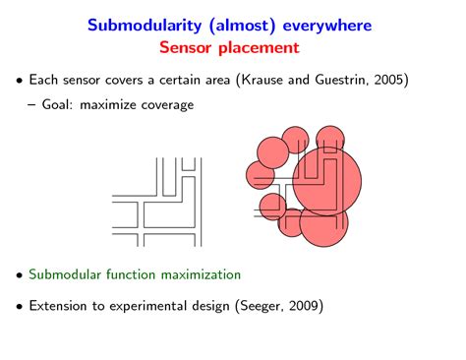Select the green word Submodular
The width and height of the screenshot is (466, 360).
click(x=69, y=274)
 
